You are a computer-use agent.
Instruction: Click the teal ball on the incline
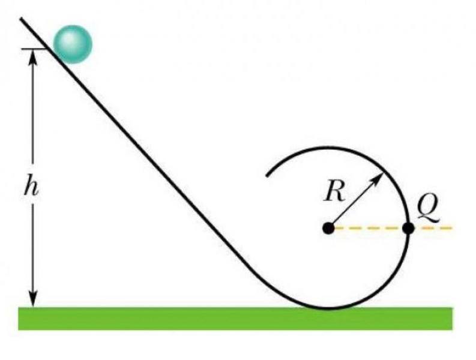72,44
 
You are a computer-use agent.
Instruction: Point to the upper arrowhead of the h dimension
34,55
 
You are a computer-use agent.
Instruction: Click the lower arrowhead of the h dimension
34,300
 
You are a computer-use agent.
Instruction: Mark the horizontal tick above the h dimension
34,49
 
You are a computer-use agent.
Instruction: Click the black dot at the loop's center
328,228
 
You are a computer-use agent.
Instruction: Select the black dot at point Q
408,228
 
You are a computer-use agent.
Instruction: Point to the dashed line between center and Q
367,228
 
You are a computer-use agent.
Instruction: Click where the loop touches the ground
328,308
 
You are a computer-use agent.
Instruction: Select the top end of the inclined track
22,19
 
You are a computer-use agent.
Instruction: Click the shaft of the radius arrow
355,200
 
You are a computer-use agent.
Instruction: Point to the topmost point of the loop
328,148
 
